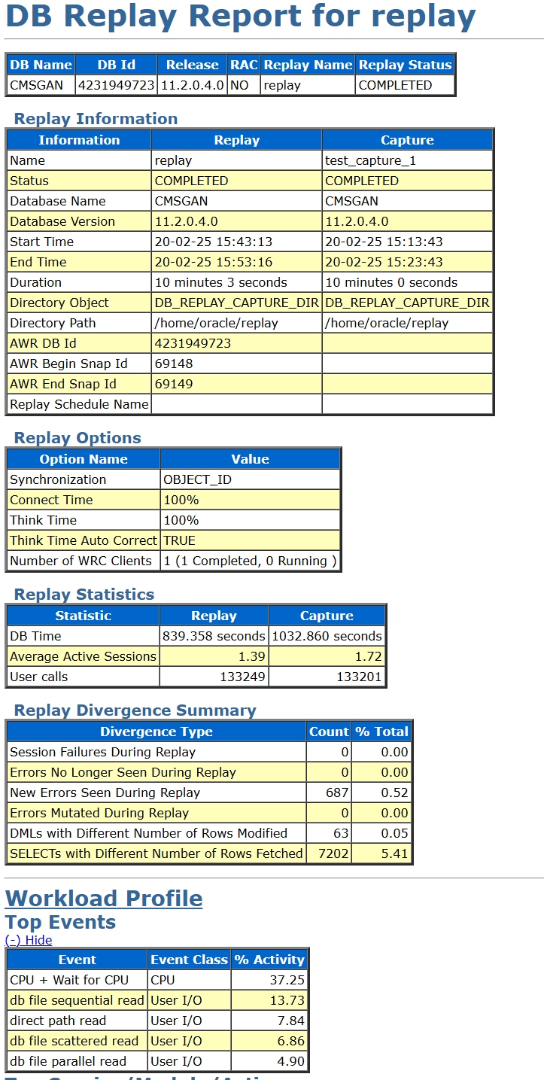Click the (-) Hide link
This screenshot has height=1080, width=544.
pyautogui.click(x=29, y=940)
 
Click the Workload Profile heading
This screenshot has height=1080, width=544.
pyautogui.click(x=104, y=898)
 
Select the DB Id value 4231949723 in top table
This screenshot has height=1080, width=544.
pyautogui.click(x=117, y=85)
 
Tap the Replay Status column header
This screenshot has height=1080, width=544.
pyautogui.click(x=405, y=65)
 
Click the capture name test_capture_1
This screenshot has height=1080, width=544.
pyautogui.click(x=370, y=160)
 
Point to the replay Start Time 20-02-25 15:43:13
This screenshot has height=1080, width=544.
pyautogui.click(x=214, y=242)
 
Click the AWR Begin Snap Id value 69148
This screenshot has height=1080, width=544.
pyautogui.click(x=174, y=364)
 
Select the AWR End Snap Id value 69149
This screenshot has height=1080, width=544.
pyautogui.click(x=174, y=384)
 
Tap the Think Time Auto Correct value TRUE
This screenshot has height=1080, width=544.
pyautogui.click(x=179, y=540)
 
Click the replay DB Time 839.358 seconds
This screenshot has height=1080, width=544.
pyautogui.click(x=214, y=636)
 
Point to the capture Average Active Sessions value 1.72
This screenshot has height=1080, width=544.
pyautogui.click(x=368, y=656)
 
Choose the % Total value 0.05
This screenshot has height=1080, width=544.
pyautogui.click(x=394, y=833)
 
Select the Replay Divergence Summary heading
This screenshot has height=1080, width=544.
pyautogui.click(x=135, y=710)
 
